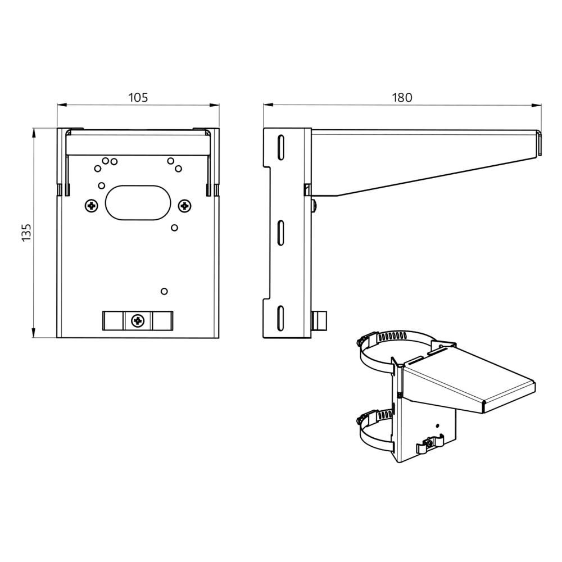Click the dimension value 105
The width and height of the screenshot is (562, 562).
click(138, 97)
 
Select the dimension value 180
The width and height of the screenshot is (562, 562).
click(402, 97)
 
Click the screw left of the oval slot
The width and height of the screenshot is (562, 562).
click(91, 206)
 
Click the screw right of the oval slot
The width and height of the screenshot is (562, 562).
click(184, 206)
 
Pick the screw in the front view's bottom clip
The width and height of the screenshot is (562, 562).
click(138, 320)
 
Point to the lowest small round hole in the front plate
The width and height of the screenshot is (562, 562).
click(164, 291)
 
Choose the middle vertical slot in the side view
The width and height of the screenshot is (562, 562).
click(279, 233)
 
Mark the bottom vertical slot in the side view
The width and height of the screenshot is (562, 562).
click(279, 318)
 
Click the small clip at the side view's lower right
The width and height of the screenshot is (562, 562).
click(319, 321)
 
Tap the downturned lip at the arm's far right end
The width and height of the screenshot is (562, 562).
click(538, 144)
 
